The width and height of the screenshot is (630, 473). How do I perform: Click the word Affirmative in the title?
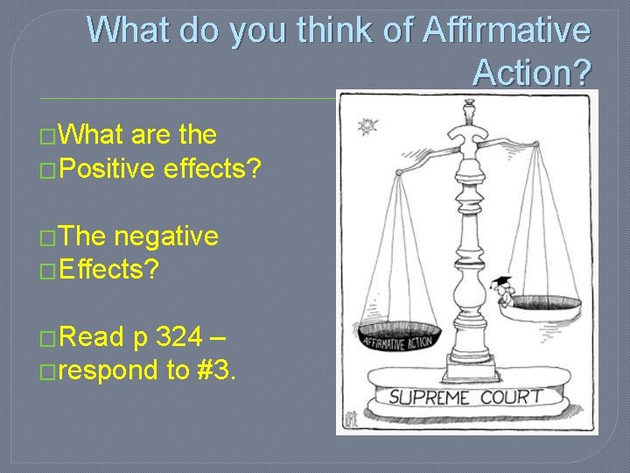click(507, 31)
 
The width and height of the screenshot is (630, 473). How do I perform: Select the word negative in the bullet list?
click(166, 236)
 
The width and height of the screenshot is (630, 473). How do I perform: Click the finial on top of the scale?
click(468, 109)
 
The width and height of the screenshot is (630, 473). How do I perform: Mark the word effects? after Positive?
click(212, 166)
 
